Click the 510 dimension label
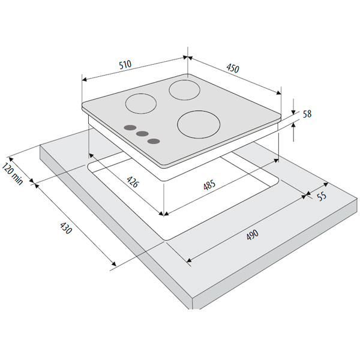pyautogui.click(x=125, y=65)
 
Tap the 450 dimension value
pyautogui.click(x=233, y=68)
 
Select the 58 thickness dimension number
pyautogui.click(x=307, y=114)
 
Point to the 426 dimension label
pyautogui.click(x=133, y=182)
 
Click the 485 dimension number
pyautogui.click(x=209, y=185)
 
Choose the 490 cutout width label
pyautogui.click(x=253, y=235)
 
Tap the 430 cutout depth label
pyautogui.click(x=66, y=227)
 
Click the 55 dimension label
pyautogui.click(x=322, y=196)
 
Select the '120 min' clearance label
pyautogui.click(x=13, y=173)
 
